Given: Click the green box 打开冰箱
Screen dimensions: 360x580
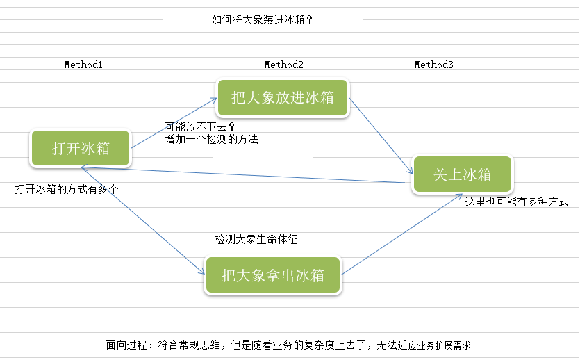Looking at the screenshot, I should pyautogui.click(x=81, y=148).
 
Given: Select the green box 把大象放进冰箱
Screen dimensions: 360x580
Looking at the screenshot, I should pyautogui.click(x=283, y=97).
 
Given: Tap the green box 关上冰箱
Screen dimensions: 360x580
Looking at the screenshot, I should pyautogui.click(x=463, y=174).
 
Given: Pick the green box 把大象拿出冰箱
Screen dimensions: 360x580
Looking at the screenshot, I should pyautogui.click(x=273, y=275).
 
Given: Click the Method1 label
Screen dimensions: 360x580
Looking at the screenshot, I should pyautogui.click(x=83, y=65).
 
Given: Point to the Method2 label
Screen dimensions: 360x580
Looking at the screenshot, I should pyautogui.click(x=283, y=65).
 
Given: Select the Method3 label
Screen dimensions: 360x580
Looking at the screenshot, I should pyautogui.click(x=433, y=65).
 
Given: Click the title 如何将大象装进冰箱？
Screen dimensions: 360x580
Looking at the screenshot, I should pyautogui.click(x=263, y=20).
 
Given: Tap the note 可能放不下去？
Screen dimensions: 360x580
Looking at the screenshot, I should pyautogui.click(x=200, y=127).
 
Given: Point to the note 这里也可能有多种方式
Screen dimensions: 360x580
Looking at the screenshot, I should pyautogui.click(x=516, y=202).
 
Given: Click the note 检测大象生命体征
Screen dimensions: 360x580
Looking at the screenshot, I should pyautogui.click(x=256, y=240).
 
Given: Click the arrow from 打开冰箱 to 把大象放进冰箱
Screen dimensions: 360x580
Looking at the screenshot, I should pyautogui.click(x=174, y=123).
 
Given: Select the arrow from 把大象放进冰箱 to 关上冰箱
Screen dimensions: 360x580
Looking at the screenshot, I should pyautogui.click(x=381, y=135).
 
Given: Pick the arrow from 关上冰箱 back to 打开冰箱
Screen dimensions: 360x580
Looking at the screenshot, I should pyautogui.click(x=243, y=175).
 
